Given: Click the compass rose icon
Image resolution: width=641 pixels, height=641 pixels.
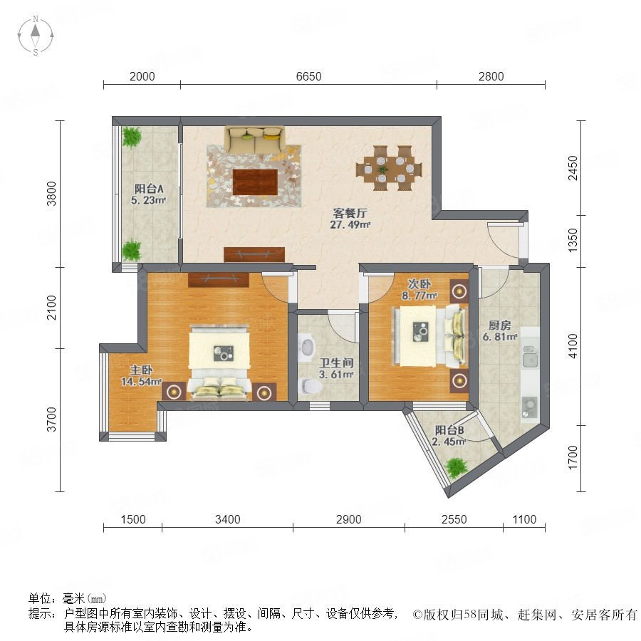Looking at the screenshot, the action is coord(36,36).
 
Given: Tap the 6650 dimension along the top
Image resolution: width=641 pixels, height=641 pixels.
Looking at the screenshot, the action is coord(308,76).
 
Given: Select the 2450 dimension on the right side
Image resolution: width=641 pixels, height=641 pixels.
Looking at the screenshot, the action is coord(573,167).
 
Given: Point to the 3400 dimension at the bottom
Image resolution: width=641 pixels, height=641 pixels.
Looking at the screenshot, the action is coord(228,519).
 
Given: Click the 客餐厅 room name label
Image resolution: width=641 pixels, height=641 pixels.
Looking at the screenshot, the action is coord(350,213).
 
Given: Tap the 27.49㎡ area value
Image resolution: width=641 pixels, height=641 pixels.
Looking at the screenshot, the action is coord(350,224).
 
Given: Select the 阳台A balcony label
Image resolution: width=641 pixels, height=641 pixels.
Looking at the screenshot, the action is coord(149,189).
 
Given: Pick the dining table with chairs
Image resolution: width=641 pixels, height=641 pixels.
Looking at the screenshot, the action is coord(389,168).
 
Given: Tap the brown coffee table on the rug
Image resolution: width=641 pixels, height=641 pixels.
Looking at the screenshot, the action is coord(255,182).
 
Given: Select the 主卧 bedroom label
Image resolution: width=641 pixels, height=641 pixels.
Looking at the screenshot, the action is coord(142,370).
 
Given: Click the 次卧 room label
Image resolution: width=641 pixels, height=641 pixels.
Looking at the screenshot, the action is coord(419,283).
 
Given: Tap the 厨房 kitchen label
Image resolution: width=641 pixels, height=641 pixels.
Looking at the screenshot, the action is coord(499,325).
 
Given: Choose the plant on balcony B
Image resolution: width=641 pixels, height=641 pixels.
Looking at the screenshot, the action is coord(456,468).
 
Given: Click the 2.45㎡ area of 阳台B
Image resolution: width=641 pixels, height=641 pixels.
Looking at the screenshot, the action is coord(449,442).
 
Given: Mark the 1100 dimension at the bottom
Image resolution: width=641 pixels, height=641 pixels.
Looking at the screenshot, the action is coord(524,519).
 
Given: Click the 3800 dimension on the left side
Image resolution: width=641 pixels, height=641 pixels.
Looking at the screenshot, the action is coord(51,194).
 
